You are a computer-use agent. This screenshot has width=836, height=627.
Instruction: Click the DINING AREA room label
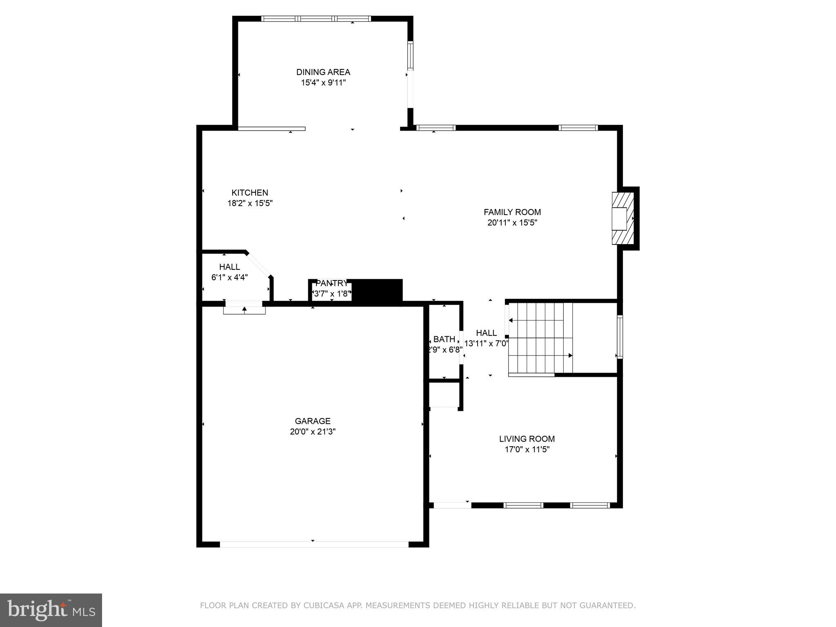pos(323,72)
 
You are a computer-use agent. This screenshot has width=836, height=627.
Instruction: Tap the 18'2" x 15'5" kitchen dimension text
pos(250,203)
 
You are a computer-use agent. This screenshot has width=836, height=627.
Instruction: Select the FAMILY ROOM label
pos(512,212)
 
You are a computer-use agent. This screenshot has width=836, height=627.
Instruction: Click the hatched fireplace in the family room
pos(623,218)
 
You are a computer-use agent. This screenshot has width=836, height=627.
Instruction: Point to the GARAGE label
pos(313,421)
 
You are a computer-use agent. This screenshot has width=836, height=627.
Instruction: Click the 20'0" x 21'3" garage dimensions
pos(313,431)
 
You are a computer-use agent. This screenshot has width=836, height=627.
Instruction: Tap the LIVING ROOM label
pos(527,439)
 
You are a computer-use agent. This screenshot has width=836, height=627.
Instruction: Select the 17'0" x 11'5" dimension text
pos(527,449)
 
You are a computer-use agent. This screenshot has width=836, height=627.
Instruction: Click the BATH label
pos(444,339)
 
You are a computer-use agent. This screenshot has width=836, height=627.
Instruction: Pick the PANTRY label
pos(331,283)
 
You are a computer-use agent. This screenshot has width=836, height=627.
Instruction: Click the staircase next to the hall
pos(540,338)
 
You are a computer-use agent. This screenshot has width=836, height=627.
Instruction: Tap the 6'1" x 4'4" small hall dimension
pos(229,278)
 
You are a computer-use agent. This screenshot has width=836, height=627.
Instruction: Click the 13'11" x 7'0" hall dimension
pos(486,344)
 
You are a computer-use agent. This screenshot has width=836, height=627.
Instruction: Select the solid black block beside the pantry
pos(377,291)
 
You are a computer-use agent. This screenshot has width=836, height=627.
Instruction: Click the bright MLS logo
pos(51,610)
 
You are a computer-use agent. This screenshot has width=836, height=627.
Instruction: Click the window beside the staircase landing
pos(620,337)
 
